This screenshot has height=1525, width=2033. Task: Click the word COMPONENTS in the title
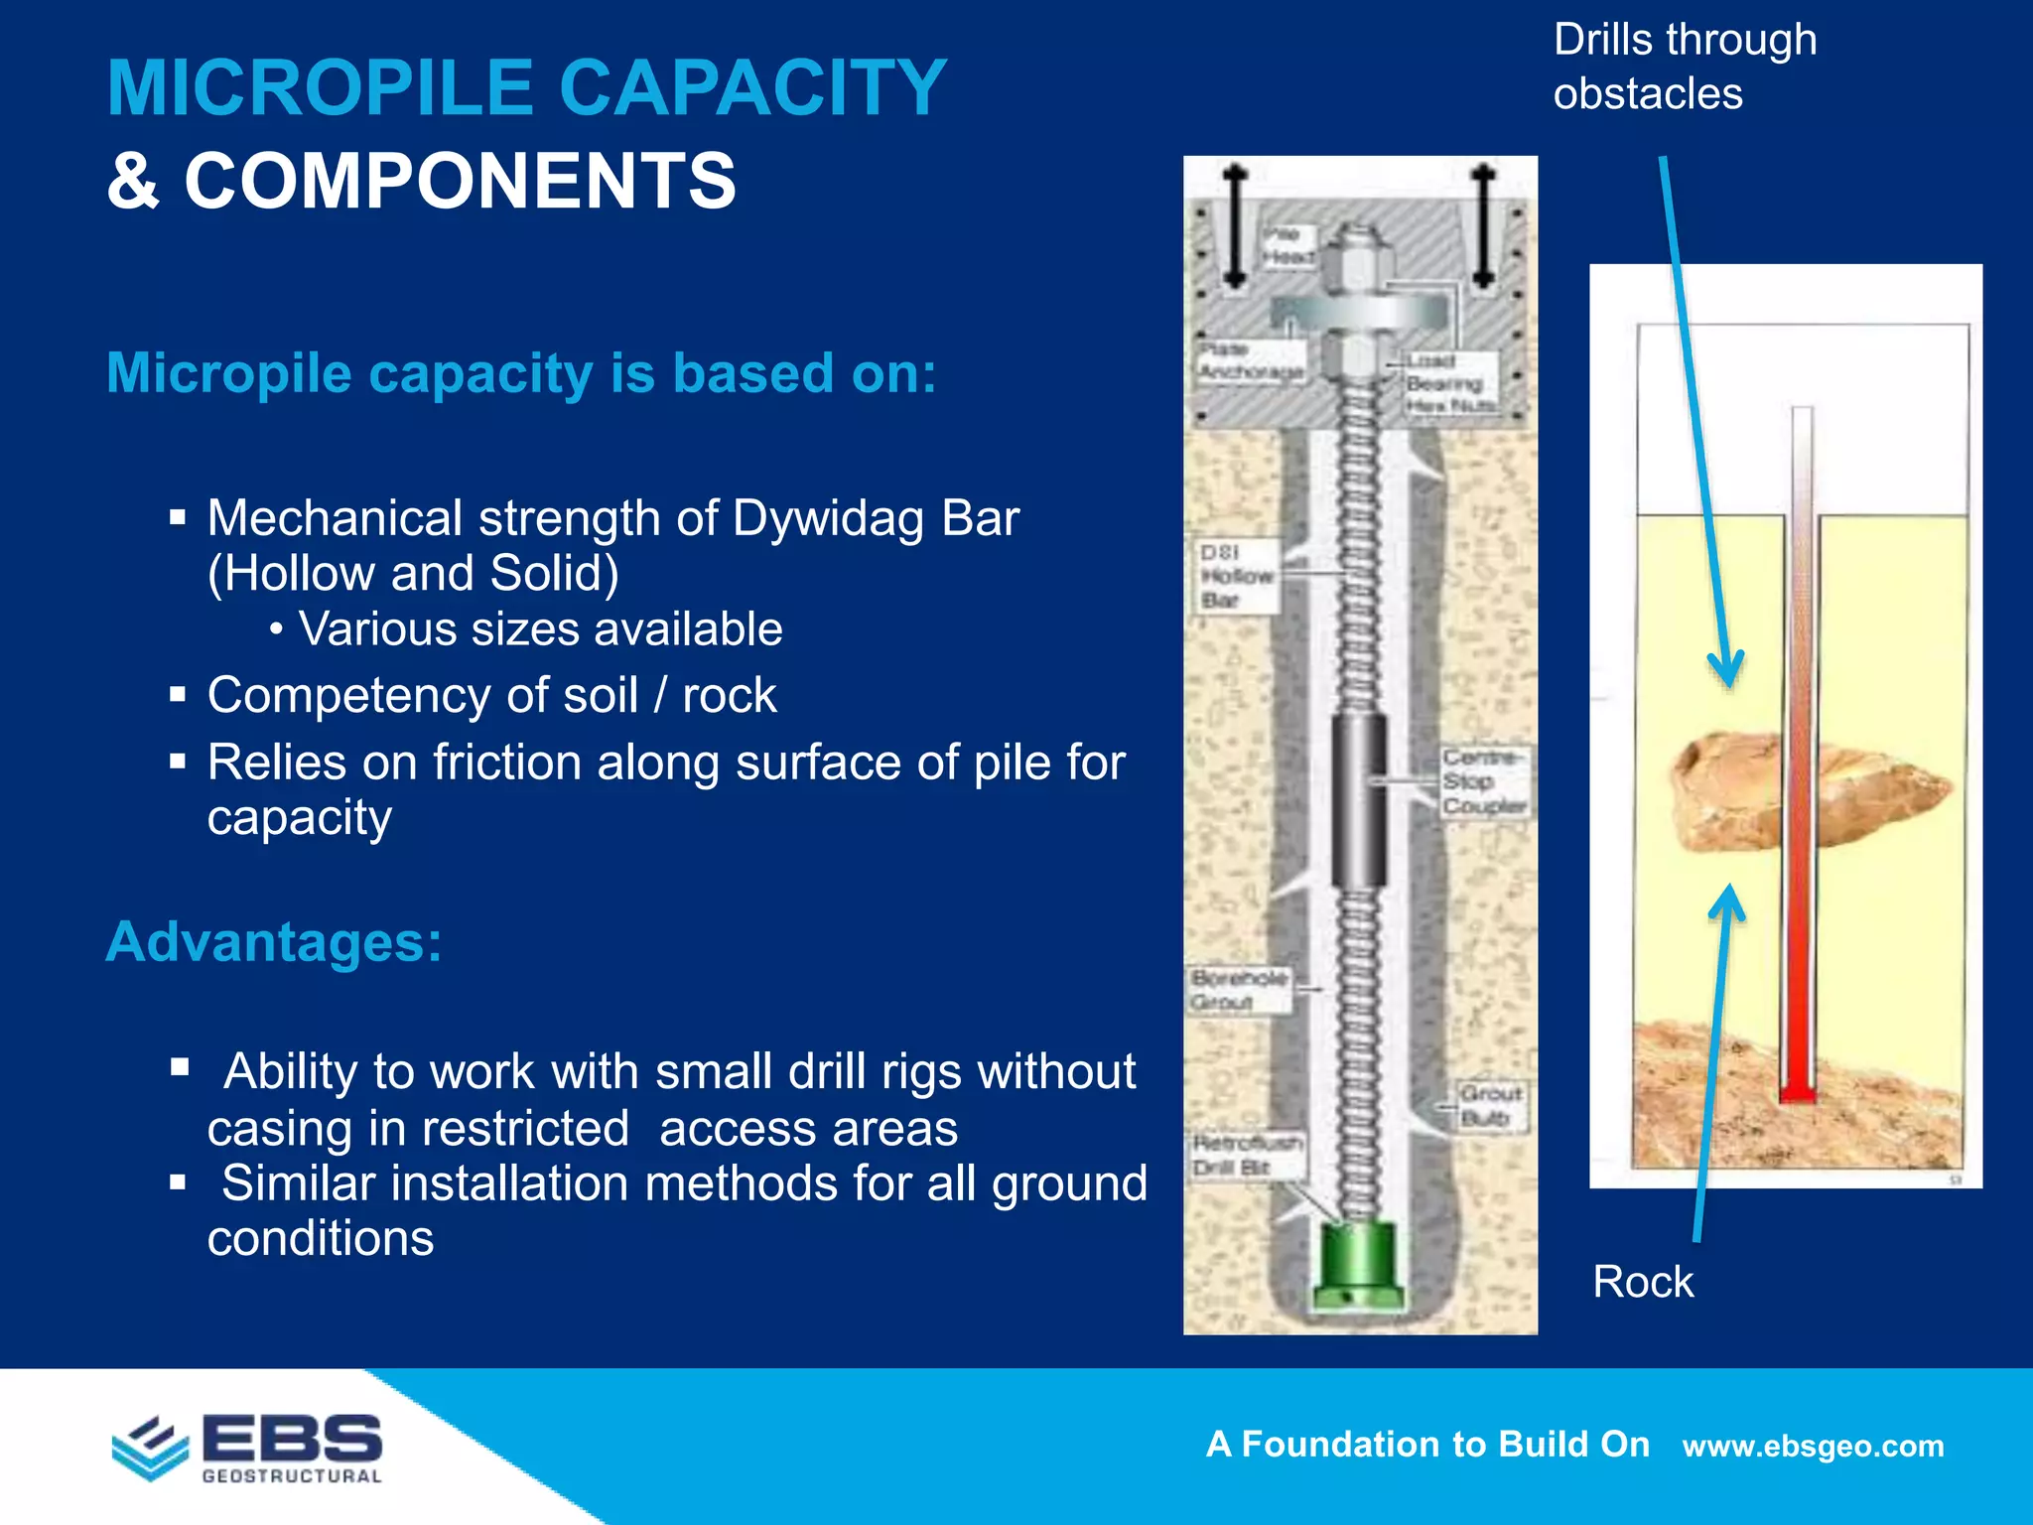click(460, 182)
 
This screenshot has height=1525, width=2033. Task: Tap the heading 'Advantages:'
click(274, 941)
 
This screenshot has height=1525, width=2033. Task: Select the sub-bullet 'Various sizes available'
click(540, 629)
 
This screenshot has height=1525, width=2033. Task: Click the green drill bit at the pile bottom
click(1358, 1265)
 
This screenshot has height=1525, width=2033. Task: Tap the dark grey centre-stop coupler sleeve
click(1358, 800)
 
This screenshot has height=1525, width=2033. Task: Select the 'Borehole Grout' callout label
click(1239, 989)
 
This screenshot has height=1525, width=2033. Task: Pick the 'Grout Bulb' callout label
click(1490, 1105)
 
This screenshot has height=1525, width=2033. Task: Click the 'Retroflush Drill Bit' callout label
click(1247, 1155)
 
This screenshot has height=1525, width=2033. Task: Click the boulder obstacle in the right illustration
click(1747, 790)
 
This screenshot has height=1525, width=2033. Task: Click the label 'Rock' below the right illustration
click(1643, 1282)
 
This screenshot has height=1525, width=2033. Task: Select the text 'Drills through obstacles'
click(1684, 67)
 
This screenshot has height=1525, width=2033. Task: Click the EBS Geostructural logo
click(248, 1448)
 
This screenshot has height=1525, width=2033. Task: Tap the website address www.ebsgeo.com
click(1813, 1446)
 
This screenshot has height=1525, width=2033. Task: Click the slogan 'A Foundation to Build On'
click(1427, 1444)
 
